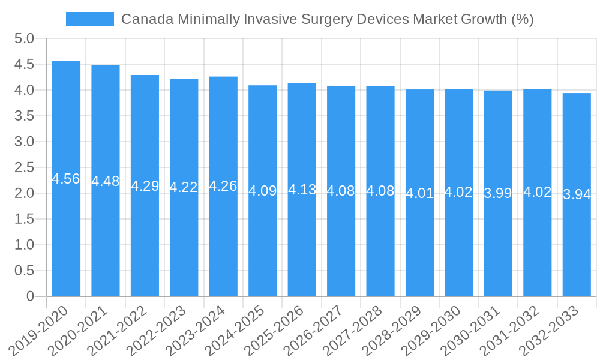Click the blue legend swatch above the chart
[89, 19]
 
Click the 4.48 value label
[106, 181]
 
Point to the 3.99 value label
[498, 193]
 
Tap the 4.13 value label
[302, 190]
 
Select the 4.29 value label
[145, 186]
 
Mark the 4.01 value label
[419, 193]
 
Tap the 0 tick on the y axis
[31, 296]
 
